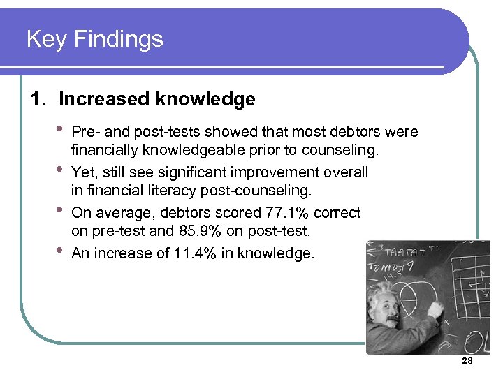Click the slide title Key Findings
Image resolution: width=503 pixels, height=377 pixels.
tap(94, 38)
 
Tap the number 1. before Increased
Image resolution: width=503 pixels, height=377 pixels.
tap(39, 99)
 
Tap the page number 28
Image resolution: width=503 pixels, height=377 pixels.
tap(467, 361)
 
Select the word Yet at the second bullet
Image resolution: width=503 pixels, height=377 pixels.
tap(83, 172)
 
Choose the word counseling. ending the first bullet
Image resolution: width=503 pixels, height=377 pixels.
tap(342, 149)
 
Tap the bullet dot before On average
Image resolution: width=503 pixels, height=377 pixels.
tap(60, 210)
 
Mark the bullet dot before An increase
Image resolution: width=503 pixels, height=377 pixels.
tap(60, 251)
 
